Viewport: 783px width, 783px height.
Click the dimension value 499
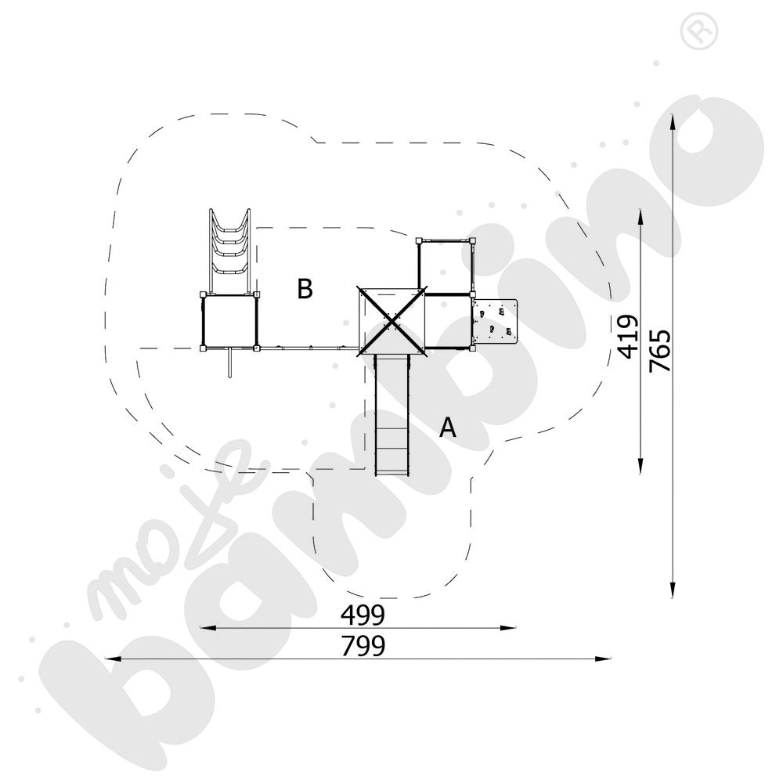(x=363, y=615)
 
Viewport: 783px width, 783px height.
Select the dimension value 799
(x=363, y=647)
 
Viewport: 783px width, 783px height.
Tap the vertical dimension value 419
(x=629, y=336)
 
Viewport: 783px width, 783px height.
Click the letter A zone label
(x=447, y=428)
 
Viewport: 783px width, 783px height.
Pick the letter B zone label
(x=305, y=288)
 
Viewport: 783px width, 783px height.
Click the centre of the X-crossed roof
(x=391, y=320)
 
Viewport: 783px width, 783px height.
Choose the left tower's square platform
(x=230, y=320)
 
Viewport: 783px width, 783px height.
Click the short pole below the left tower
(x=229, y=363)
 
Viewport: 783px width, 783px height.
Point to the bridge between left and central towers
(x=309, y=347)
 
